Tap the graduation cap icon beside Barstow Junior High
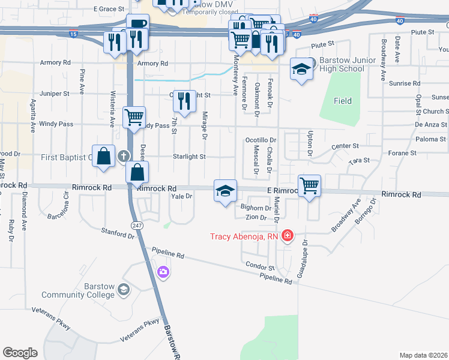coord(301,68)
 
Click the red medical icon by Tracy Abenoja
coord(288,235)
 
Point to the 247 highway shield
coord(137,224)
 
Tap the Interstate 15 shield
coord(73,35)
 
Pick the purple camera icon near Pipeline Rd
coord(163,273)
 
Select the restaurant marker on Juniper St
coord(184,100)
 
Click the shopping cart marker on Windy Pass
coord(134,116)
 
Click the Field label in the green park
coord(343,101)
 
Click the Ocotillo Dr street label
coord(260,139)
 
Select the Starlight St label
coord(189,157)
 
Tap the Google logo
coord(20,353)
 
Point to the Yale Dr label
coord(181,196)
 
